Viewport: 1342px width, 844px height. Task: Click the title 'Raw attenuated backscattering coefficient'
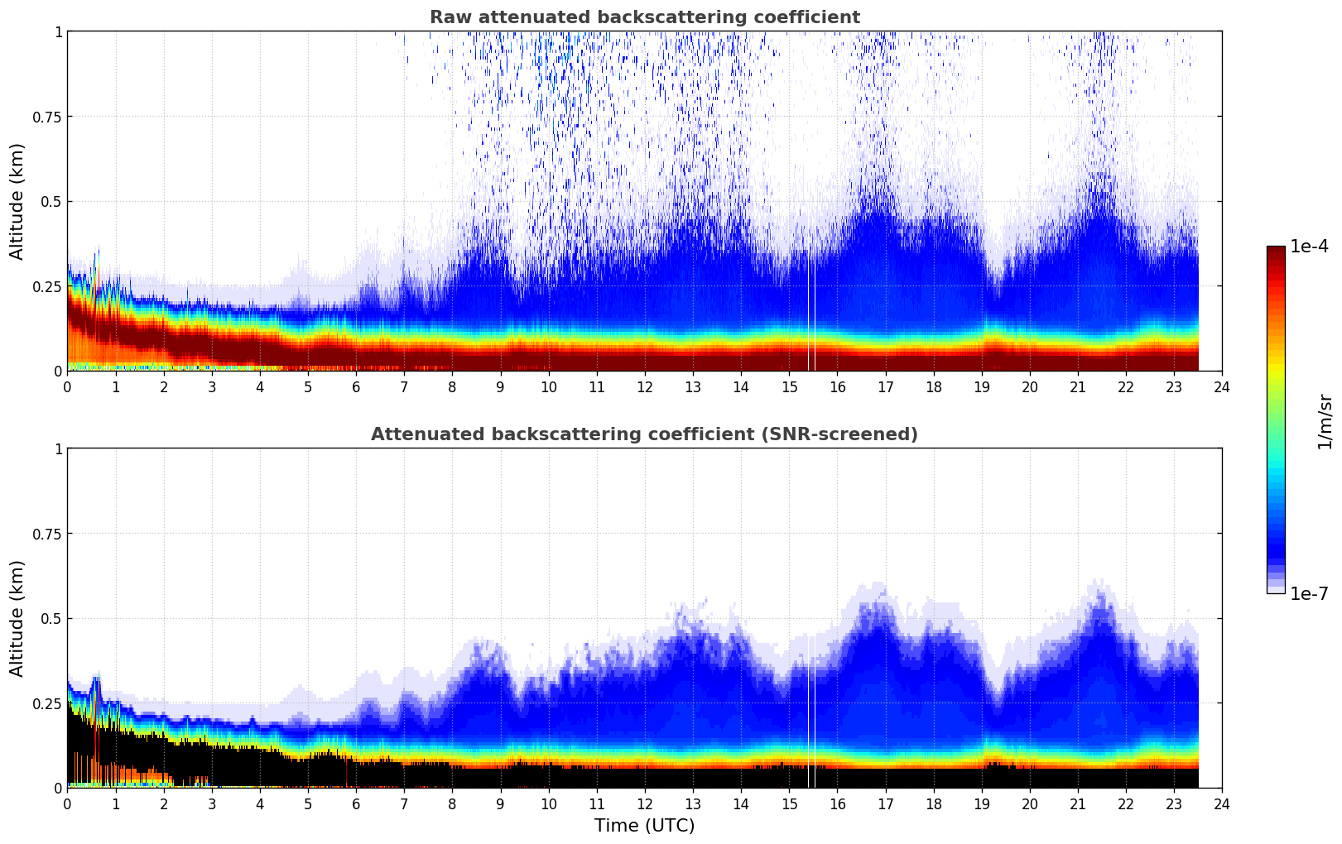(644, 17)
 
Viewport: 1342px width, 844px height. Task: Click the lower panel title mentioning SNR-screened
(644, 434)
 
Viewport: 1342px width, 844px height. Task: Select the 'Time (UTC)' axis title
(644, 826)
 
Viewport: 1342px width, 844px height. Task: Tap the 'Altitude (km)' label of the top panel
(17, 201)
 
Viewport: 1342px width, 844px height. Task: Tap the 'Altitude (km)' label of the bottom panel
(17, 618)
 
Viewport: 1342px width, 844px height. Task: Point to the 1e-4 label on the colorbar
(1309, 247)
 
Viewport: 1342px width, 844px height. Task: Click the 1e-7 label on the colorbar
(1309, 593)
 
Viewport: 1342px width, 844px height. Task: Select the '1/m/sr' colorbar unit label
(1325, 420)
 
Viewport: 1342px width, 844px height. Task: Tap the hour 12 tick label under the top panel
(645, 386)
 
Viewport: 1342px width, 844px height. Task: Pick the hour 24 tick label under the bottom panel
(1222, 803)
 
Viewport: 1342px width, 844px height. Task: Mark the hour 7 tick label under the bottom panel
(404, 803)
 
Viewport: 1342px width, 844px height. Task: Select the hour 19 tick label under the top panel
(981, 386)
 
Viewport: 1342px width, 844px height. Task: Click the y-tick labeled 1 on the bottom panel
(58, 449)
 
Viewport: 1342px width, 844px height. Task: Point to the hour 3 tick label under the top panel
(212, 386)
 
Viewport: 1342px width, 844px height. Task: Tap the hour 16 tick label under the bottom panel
(837, 803)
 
